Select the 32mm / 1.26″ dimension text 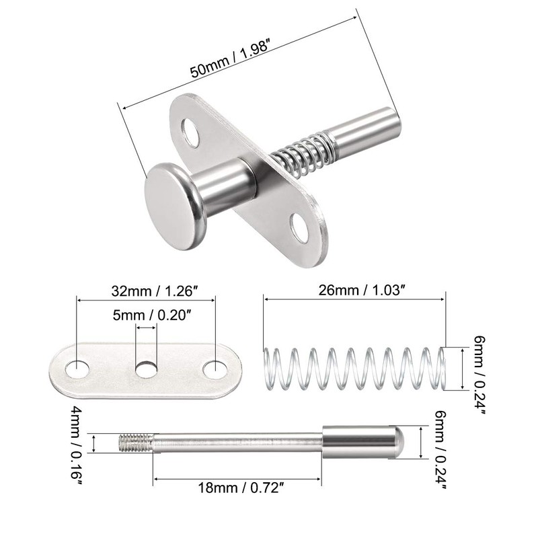pos(146,292)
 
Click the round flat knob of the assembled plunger pos(171,198)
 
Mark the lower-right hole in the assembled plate pos(298,227)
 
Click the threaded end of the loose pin pos(136,443)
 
